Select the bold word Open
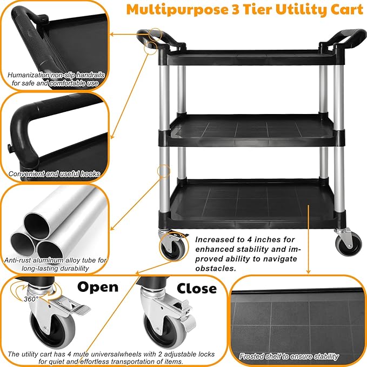coord(97,286)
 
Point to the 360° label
coord(31,298)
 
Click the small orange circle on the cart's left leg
coord(163,171)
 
